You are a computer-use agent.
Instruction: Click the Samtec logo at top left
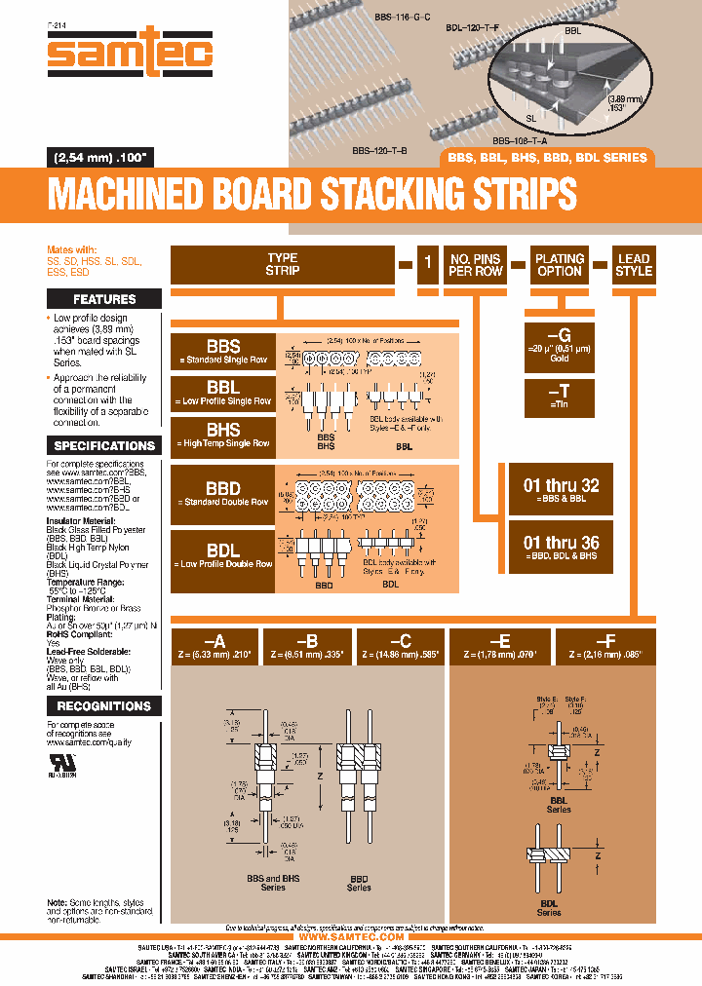coord(129,56)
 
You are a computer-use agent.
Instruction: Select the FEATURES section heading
coord(104,299)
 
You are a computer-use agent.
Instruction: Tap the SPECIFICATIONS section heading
coord(104,445)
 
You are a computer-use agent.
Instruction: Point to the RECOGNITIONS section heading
coord(104,705)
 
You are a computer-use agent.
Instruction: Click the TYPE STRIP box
coord(282,265)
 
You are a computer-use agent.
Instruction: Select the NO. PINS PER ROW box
coord(475,265)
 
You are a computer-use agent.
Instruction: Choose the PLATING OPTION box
coord(560,265)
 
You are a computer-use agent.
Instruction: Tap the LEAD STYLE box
coord(633,265)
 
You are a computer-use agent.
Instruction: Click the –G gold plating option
coord(560,345)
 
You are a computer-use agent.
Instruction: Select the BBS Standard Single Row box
coord(223,351)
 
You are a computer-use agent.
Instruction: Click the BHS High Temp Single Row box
coord(223,436)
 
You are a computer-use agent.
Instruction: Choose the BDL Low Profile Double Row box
coord(223,556)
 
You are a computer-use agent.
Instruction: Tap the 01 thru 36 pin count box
coord(561,548)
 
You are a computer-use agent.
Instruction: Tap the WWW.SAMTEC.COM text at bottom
coord(351,936)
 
